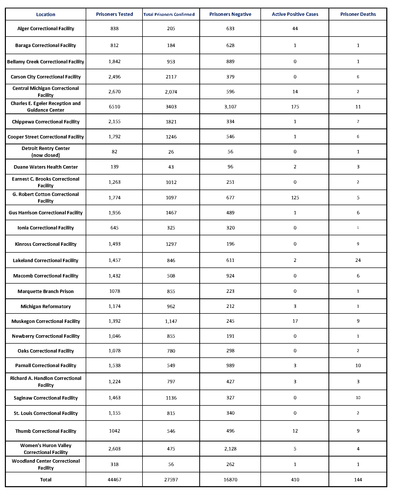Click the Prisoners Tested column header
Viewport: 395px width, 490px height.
[x=114, y=14]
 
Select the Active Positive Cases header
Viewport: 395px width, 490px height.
[x=295, y=14]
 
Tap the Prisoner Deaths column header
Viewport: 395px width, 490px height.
[x=358, y=14]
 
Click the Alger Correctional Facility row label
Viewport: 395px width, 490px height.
[x=46, y=29]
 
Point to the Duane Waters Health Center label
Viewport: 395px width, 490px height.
[x=46, y=167]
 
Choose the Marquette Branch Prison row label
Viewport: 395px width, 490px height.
[x=46, y=291]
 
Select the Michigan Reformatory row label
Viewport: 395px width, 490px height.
[x=46, y=307]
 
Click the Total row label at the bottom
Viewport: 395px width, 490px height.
[x=46, y=480]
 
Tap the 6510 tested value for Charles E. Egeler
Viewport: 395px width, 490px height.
[x=114, y=107]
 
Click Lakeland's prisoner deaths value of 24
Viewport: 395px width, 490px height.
[x=358, y=260]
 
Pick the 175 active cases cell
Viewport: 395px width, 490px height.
[x=295, y=107]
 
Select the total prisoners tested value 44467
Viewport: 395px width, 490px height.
[x=114, y=480]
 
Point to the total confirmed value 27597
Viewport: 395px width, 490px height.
[x=171, y=480]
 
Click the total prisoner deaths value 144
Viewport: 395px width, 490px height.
[x=358, y=480]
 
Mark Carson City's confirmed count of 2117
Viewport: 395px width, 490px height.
[x=171, y=77]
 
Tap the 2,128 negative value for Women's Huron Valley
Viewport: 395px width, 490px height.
[x=230, y=449]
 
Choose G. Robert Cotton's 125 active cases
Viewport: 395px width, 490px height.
[x=295, y=198]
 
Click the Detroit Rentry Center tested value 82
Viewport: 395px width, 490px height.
[x=114, y=152]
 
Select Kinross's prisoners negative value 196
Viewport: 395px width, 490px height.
[x=230, y=244]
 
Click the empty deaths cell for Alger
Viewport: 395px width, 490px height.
[x=358, y=29]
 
